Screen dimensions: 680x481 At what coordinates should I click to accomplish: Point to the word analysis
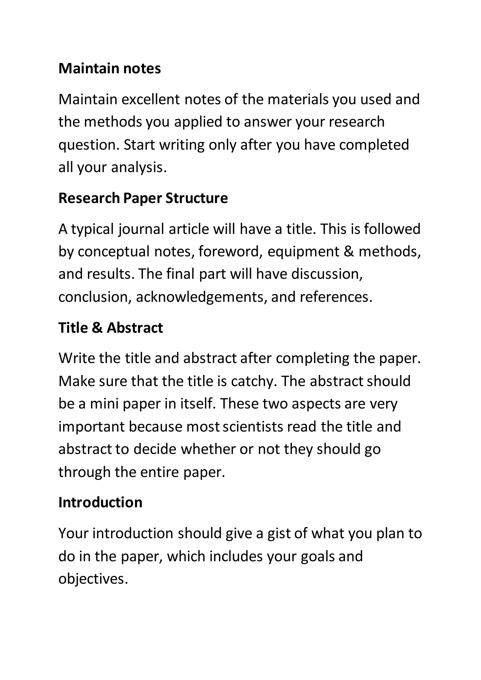pyautogui.click(x=139, y=167)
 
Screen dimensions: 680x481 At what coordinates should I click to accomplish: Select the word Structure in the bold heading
pyautogui.click(x=197, y=198)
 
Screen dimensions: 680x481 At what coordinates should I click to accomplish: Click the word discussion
pyautogui.click(x=327, y=274)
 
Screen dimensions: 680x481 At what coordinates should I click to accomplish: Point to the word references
pyautogui.click(x=336, y=297)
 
